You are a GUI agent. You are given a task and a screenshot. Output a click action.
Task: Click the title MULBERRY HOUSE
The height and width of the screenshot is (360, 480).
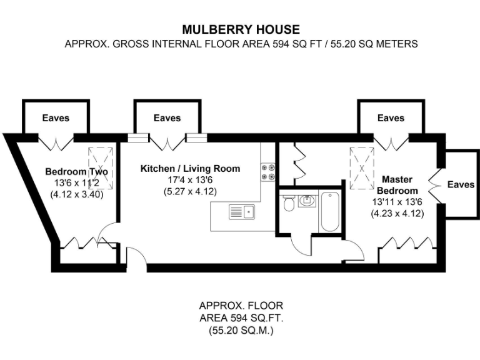click(x=241, y=29)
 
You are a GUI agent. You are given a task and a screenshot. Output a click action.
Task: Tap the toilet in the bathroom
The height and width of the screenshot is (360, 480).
click(x=289, y=204)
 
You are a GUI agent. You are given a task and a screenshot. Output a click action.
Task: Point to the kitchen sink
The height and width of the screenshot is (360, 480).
click(x=241, y=212)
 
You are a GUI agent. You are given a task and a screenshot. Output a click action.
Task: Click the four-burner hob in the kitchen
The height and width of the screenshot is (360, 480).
click(x=268, y=172)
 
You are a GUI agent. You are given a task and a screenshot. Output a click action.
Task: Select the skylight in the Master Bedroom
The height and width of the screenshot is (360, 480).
click(x=360, y=167)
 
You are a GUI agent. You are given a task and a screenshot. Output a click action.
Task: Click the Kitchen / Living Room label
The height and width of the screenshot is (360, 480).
click(x=190, y=169)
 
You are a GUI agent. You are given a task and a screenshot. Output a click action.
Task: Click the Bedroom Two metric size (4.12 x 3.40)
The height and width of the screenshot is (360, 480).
click(x=77, y=194)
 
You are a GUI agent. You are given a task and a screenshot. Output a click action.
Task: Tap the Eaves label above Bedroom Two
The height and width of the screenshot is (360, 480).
click(x=56, y=117)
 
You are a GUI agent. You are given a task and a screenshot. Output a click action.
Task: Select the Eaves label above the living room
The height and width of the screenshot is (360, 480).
click(x=167, y=117)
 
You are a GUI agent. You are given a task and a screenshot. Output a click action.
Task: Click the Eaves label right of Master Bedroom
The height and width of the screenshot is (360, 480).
click(x=461, y=184)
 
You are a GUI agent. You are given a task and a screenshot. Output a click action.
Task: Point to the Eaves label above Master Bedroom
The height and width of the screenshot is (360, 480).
click(x=391, y=117)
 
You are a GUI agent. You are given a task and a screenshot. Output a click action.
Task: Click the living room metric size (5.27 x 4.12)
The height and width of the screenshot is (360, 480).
click(x=187, y=192)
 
